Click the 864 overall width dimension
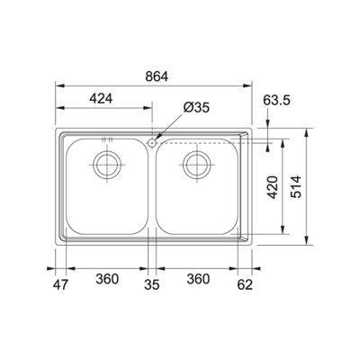coord(157,76)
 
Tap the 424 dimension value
coord(101,98)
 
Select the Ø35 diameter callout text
coord(196,108)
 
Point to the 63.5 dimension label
coord(276,100)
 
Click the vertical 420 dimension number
coord(273,187)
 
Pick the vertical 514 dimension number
coord(296,186)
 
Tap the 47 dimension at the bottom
coord(61,284)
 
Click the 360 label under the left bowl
coord(107,279)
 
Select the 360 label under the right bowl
coord(198,279)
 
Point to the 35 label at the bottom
coord(152,284)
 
